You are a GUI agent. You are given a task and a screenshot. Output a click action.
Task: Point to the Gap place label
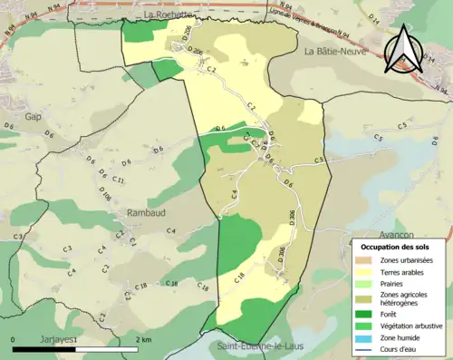(x=34, y=117)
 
